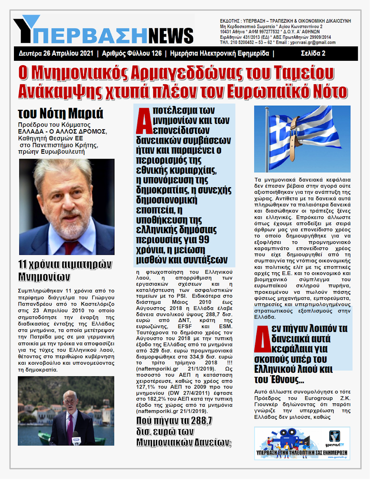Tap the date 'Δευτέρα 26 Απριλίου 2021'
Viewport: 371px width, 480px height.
56,53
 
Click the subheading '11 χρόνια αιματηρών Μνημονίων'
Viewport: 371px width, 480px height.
65,270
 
